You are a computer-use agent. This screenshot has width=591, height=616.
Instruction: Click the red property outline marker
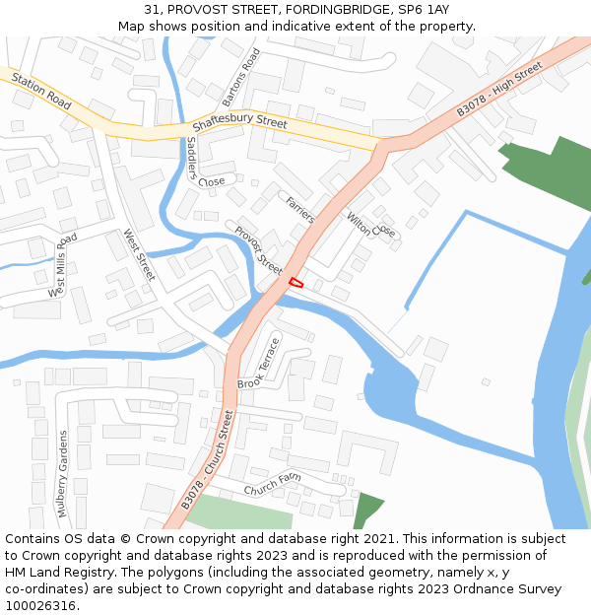pos(295,283)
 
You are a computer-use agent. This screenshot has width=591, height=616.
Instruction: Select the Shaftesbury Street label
pos(239,124)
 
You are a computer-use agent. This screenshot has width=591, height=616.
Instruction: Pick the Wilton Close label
pos(371,225)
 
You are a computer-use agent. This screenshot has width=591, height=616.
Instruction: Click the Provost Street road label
pos(259,251)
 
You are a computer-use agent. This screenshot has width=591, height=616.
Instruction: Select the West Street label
pos(139,255)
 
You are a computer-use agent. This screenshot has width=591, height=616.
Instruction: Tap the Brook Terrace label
pos(259,363)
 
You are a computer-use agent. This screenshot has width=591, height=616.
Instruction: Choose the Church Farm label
pos(273,484)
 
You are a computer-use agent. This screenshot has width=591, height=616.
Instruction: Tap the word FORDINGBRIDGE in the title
pos(316,9)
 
